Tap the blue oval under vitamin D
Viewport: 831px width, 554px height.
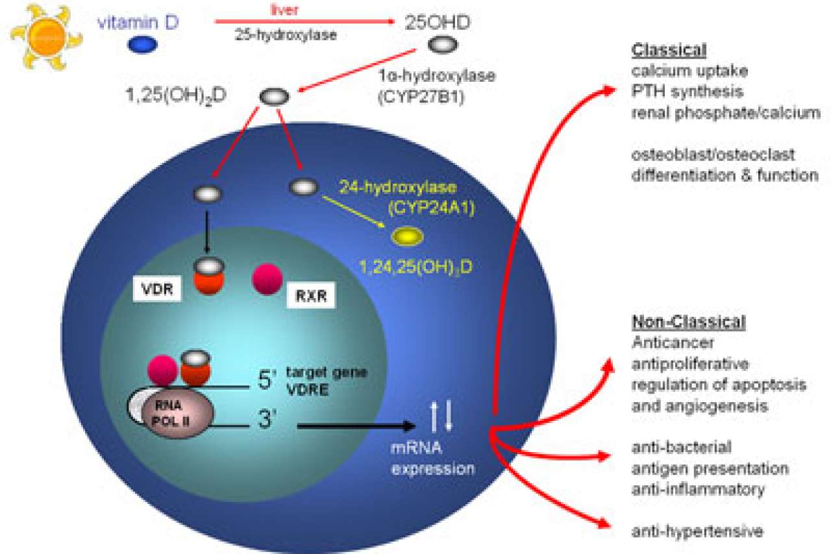[x=143, y=45]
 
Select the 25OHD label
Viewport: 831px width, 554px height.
[x=438, y=22]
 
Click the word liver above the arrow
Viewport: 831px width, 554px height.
[x=283, y=10]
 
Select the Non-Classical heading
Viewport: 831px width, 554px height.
[x=688, y=323]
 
